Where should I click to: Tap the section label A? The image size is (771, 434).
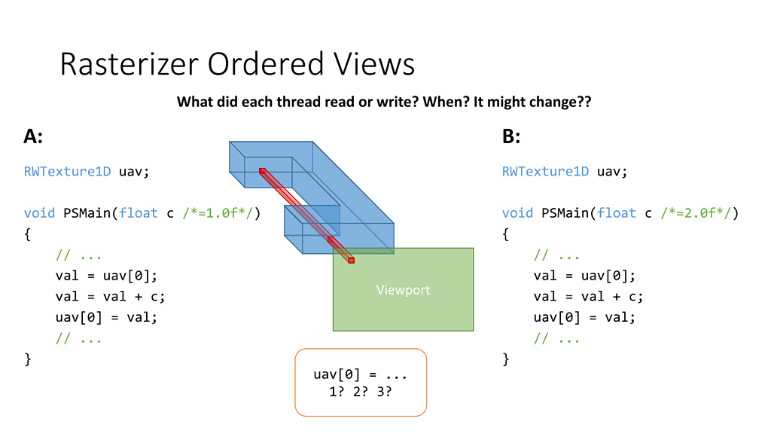pos(33,136)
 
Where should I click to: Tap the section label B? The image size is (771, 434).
pos(511,136)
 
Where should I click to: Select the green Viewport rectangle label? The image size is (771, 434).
pos(403,289)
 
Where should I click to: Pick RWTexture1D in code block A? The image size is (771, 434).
pos(68,171)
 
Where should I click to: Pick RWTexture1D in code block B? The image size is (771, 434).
pos(546,171)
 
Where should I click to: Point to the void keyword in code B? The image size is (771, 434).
pos(518,212)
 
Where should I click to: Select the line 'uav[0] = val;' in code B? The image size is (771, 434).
pos(584,316)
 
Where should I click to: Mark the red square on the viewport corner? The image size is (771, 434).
pos(351,260)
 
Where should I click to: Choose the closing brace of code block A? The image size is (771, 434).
pos(28,359)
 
